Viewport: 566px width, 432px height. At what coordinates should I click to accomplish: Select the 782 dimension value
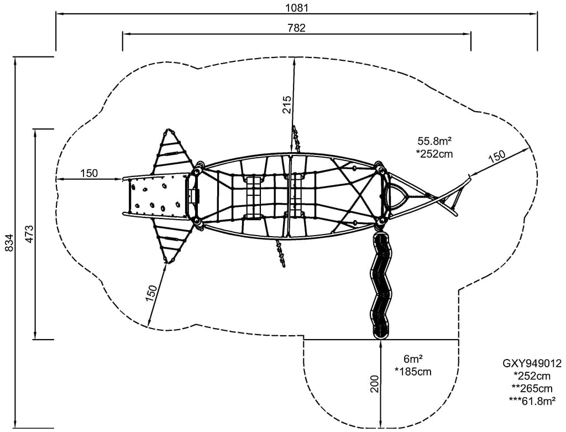[296, 28]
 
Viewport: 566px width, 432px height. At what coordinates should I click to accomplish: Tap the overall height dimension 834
[8, 242]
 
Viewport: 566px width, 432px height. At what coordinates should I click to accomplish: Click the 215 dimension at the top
[287, 104]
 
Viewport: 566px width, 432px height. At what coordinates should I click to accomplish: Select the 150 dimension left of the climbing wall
[89, 173]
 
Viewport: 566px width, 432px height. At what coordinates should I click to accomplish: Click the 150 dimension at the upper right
[496, 157]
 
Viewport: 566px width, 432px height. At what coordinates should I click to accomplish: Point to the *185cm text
[413, 372]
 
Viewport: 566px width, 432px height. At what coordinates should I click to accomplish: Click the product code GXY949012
[532, 363]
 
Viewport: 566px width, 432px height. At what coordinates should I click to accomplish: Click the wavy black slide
[380, 285]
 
